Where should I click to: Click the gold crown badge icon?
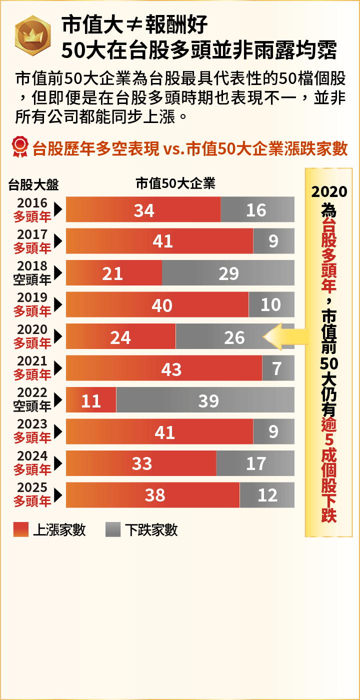coord(32,35)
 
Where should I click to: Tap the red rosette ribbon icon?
coord(20,147)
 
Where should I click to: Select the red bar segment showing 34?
coord(143,209)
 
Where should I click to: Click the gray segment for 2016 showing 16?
coord(257,209)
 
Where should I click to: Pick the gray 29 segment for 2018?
coord(228,273)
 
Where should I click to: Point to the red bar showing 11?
coord(91,400)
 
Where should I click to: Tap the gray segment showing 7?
coord(278,368)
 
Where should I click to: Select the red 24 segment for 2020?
coord(120,336)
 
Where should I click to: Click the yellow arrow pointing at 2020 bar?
coord(285,336)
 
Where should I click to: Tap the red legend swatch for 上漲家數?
coord(21,529)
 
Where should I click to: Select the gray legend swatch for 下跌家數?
coord(113,529)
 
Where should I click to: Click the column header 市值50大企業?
coord(175,184)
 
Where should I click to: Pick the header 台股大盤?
coord(33,185)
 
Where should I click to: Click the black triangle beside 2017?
coord(58,241)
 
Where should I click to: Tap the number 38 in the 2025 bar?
coord(155,495)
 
